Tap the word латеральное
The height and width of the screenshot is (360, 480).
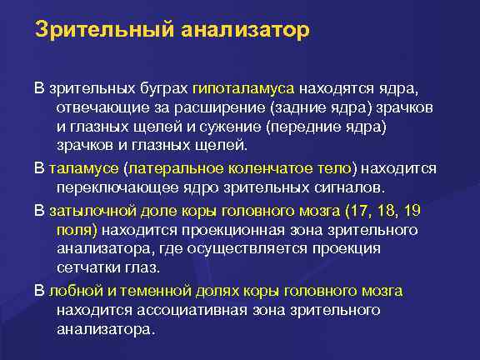click(x=172, y=166)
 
